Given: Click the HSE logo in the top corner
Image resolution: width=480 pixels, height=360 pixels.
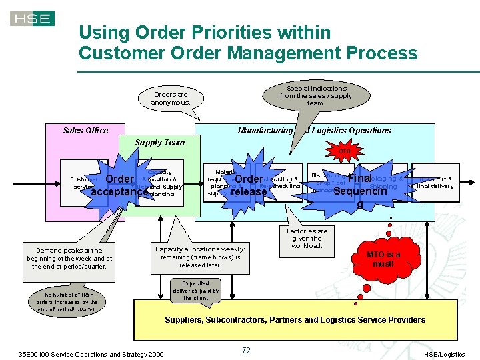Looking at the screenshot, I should [x=32, y=18].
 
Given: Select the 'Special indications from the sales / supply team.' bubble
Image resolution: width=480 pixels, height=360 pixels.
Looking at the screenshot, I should [x=316, y=96].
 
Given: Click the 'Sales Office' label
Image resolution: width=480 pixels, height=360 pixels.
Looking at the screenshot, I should [x=85, y=131].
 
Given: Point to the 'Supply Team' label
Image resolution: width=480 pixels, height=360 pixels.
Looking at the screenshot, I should [x=159, y=143].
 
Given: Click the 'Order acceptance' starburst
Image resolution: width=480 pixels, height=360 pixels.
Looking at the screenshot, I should [x=119, y=185].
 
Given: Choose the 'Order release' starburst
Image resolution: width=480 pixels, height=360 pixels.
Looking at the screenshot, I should [x=248, y=185].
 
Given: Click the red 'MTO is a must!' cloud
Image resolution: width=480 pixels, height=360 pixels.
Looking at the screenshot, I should [x=383, y=259].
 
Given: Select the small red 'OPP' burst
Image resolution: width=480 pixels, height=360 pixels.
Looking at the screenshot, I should [x=345, y=151].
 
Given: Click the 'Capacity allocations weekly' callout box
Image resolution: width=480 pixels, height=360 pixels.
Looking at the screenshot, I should [x=200, y=257].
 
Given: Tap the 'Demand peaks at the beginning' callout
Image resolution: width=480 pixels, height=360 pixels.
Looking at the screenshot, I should [x=69, y=259].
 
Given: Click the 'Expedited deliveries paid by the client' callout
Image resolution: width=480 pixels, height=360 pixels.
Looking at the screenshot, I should [x=196, y=290].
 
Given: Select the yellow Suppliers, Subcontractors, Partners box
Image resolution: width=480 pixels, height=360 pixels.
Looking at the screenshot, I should [x=295, y=320].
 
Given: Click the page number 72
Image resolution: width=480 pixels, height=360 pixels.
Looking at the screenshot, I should [x=246, y=349].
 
